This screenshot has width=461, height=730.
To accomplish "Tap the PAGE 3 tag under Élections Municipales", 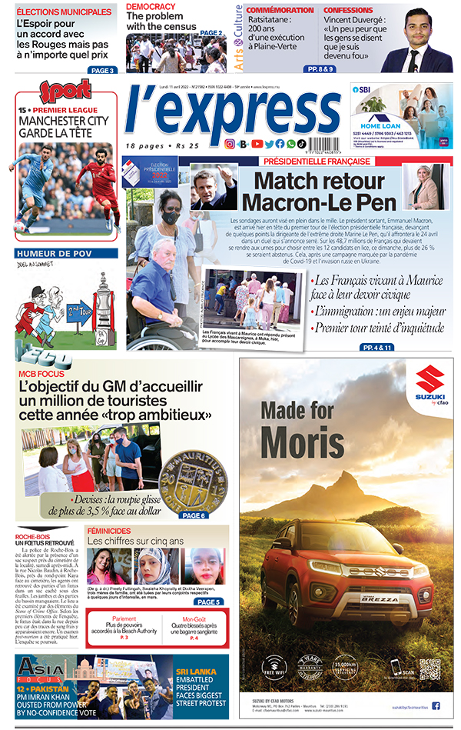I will coord(101,70).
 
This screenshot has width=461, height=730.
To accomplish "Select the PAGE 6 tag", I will coord(193,515).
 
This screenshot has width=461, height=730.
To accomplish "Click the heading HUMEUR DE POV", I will coord(66,253).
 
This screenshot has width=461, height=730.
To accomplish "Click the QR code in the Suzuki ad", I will coord(429,668).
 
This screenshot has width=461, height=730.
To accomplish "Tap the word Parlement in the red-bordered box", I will coord(124,618).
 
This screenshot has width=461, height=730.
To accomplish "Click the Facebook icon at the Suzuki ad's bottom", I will coord(436,705).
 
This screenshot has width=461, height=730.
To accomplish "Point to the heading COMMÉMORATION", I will coord(280,10).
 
